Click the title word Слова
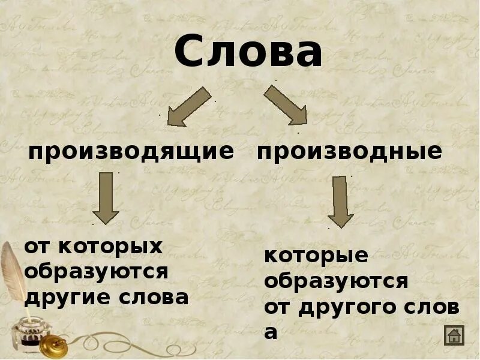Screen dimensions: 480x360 (248, 53)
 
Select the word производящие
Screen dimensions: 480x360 (131, 152)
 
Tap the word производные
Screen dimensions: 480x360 (349, 152)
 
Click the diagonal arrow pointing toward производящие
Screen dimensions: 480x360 (188, 107)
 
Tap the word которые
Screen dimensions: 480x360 (316, 256)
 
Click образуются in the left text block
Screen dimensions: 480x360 (96, 272)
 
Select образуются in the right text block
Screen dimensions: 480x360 (336, 281)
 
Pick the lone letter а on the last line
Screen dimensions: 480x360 (271, 332)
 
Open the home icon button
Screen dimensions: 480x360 (454, 335)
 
